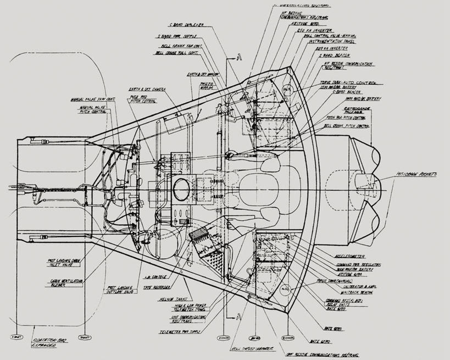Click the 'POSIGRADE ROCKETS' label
(x=419, y=175)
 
